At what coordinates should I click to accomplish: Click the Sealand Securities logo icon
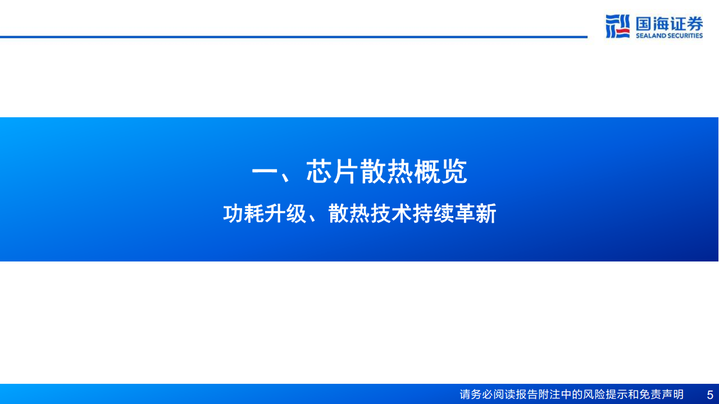click(x=618, y=26)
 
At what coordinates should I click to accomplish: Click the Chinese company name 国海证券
click(x=669, y=23)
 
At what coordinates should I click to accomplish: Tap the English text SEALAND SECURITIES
click(x=669, y=36)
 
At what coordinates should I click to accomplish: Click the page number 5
click(x=710, y=394)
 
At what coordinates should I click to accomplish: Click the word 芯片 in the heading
click(x=333, y=172)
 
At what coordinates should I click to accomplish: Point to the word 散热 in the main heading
click(x=386, y=172)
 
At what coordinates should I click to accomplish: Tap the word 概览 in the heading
click(x=440, y=172)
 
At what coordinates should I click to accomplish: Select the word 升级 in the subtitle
click(x=285, y=214)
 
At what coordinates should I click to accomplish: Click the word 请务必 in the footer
click(x=478, y=394)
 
